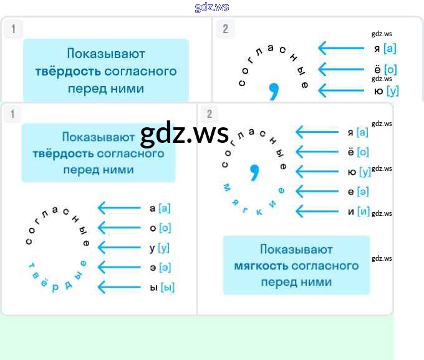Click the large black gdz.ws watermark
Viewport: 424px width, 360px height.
pyautogui.click(x=185, y=133)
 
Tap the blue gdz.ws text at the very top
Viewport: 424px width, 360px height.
pyautogui.click(x=211, y=7)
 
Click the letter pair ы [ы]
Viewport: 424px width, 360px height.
pyautogui.click(x=162, y=288)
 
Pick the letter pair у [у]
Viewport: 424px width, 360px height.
pyautogui.click(x=160, y=248)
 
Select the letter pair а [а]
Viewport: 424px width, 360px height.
pyautogui.click(x=160, y=208)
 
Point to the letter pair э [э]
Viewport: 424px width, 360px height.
pyautogui.click(x=160, y=268)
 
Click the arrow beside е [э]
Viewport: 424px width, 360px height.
pyautogui.click(x=316, y=192)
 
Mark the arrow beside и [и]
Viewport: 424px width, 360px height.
pyautogui.click(x=316, y=212)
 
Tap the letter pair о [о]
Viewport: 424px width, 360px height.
pyautogui.click(x=160, y=228)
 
